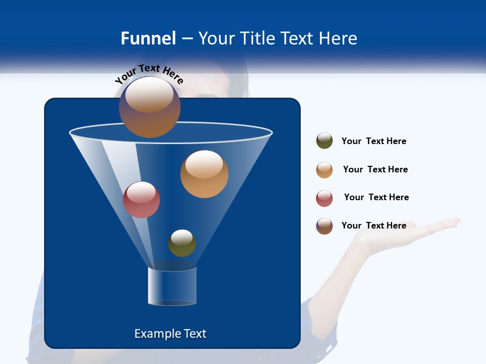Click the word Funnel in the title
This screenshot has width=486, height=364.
click(148, 38)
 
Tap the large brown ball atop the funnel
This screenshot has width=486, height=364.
click(150, 107)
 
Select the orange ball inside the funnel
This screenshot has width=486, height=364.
click(204, 174)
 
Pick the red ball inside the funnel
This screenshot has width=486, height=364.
click(141, 200)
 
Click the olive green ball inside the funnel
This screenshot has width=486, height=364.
click(182, 243)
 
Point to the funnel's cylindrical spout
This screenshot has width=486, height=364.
click(172, 286)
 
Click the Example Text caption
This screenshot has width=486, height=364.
click(170, 334)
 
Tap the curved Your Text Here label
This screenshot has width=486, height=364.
click(149, 73)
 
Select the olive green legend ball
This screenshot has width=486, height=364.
click(325, 141)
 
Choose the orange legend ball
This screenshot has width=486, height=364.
click(325, 170)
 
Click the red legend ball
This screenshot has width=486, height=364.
click(325, 198)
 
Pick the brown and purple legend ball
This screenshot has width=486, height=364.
click(325, 226)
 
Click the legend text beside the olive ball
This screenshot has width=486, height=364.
click(374, 141)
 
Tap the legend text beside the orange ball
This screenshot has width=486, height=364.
click(375, 169)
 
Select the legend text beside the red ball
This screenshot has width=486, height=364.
click(376, 197)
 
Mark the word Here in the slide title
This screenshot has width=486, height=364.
click(338, 38)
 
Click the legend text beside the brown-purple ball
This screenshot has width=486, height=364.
click(374, 225)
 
